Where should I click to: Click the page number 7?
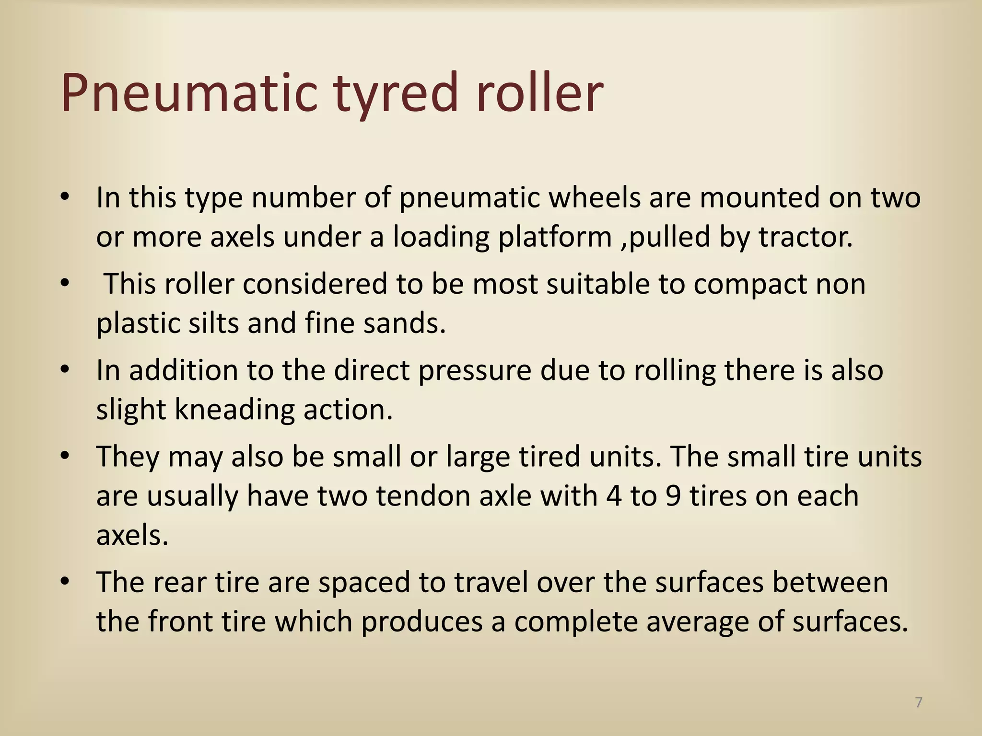tap(918, 702)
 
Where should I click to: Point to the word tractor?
tap(806, 237)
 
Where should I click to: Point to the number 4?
tap(614, 495)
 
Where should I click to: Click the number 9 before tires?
tap(673, 495)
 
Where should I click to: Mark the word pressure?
tap(475, 371)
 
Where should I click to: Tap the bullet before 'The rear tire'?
tap(66, 581)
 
